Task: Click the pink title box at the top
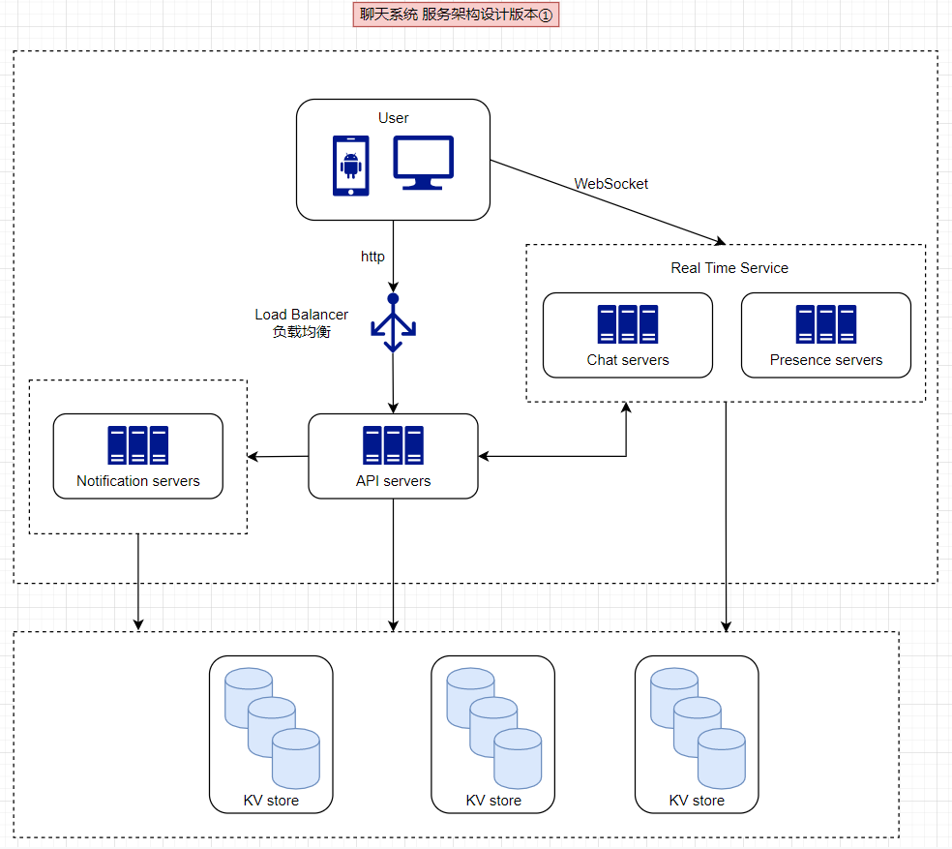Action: point(458,15)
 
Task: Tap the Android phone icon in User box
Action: point(351,166)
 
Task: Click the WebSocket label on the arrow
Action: point(611,183)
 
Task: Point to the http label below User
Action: point(372,257)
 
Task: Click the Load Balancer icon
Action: point(393,322)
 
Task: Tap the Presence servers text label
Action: point(826,360)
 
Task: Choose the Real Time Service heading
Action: point(729,268)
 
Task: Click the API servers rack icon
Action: point(393,445)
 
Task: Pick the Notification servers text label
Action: point(138,481)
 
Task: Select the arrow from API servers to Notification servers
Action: point(278,456)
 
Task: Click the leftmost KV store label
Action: point(271,801)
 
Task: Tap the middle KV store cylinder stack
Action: point(493,726)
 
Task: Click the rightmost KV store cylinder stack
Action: point(697,726)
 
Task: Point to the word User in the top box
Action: point(393,118)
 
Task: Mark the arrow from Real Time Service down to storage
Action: point(726,513)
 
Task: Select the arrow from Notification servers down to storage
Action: point(138,581)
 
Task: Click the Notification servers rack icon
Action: point(138,445)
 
